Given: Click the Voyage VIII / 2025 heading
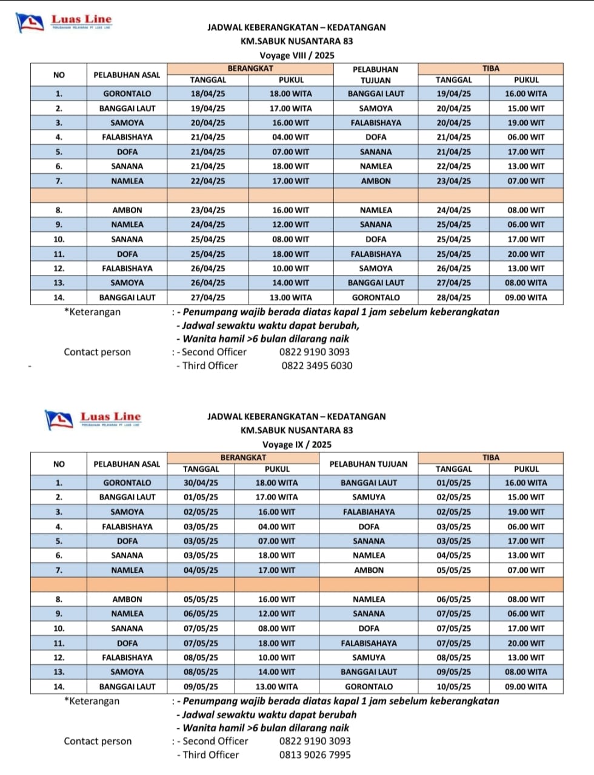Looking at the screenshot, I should pos(296,55).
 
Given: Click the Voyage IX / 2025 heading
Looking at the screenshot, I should pos(296,444).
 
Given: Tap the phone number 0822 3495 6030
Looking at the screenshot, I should pos(316,366).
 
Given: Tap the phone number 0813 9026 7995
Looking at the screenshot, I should pos(315,755).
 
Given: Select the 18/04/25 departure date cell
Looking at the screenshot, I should pos(208,94).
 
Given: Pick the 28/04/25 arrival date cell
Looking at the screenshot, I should pos(453,298).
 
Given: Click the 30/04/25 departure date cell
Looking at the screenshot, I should pos(201,483).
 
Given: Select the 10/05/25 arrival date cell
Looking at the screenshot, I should pos(453,687).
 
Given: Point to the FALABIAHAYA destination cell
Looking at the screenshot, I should pos(369,512).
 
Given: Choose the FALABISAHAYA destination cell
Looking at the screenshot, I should pos(369,644).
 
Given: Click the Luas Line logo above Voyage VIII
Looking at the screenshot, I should pos(64,22).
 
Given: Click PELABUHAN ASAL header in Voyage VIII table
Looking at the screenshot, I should pos(127,75).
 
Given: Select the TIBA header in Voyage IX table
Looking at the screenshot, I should pos(490,458).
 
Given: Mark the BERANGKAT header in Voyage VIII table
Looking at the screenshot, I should pos(250,69).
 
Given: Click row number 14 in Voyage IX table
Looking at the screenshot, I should pos(59,687).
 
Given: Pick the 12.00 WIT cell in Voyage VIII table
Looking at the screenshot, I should pos(290,225).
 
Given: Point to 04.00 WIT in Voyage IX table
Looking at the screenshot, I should pos(276,527).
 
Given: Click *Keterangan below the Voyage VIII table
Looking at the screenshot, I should pos(92,312).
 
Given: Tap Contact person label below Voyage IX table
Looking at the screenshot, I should pos(98,742).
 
